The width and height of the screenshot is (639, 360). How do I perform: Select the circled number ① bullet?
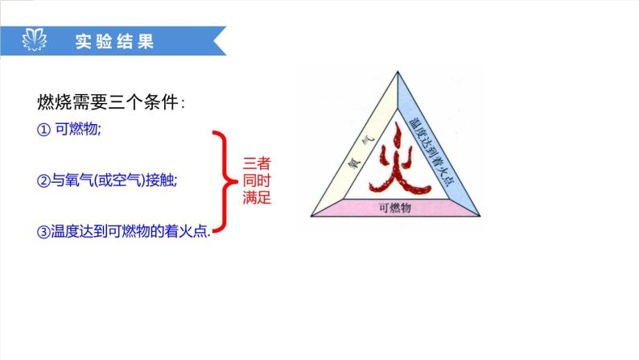coord(43,131)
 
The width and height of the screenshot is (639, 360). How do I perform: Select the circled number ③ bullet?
coord(43,232)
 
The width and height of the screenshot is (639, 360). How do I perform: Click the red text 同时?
coord(256,180)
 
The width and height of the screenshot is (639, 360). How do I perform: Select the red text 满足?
coord(256,197)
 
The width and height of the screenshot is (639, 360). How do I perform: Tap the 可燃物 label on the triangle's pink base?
coord(395,208)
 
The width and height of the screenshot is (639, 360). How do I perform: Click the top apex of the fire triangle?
coord(396,72)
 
